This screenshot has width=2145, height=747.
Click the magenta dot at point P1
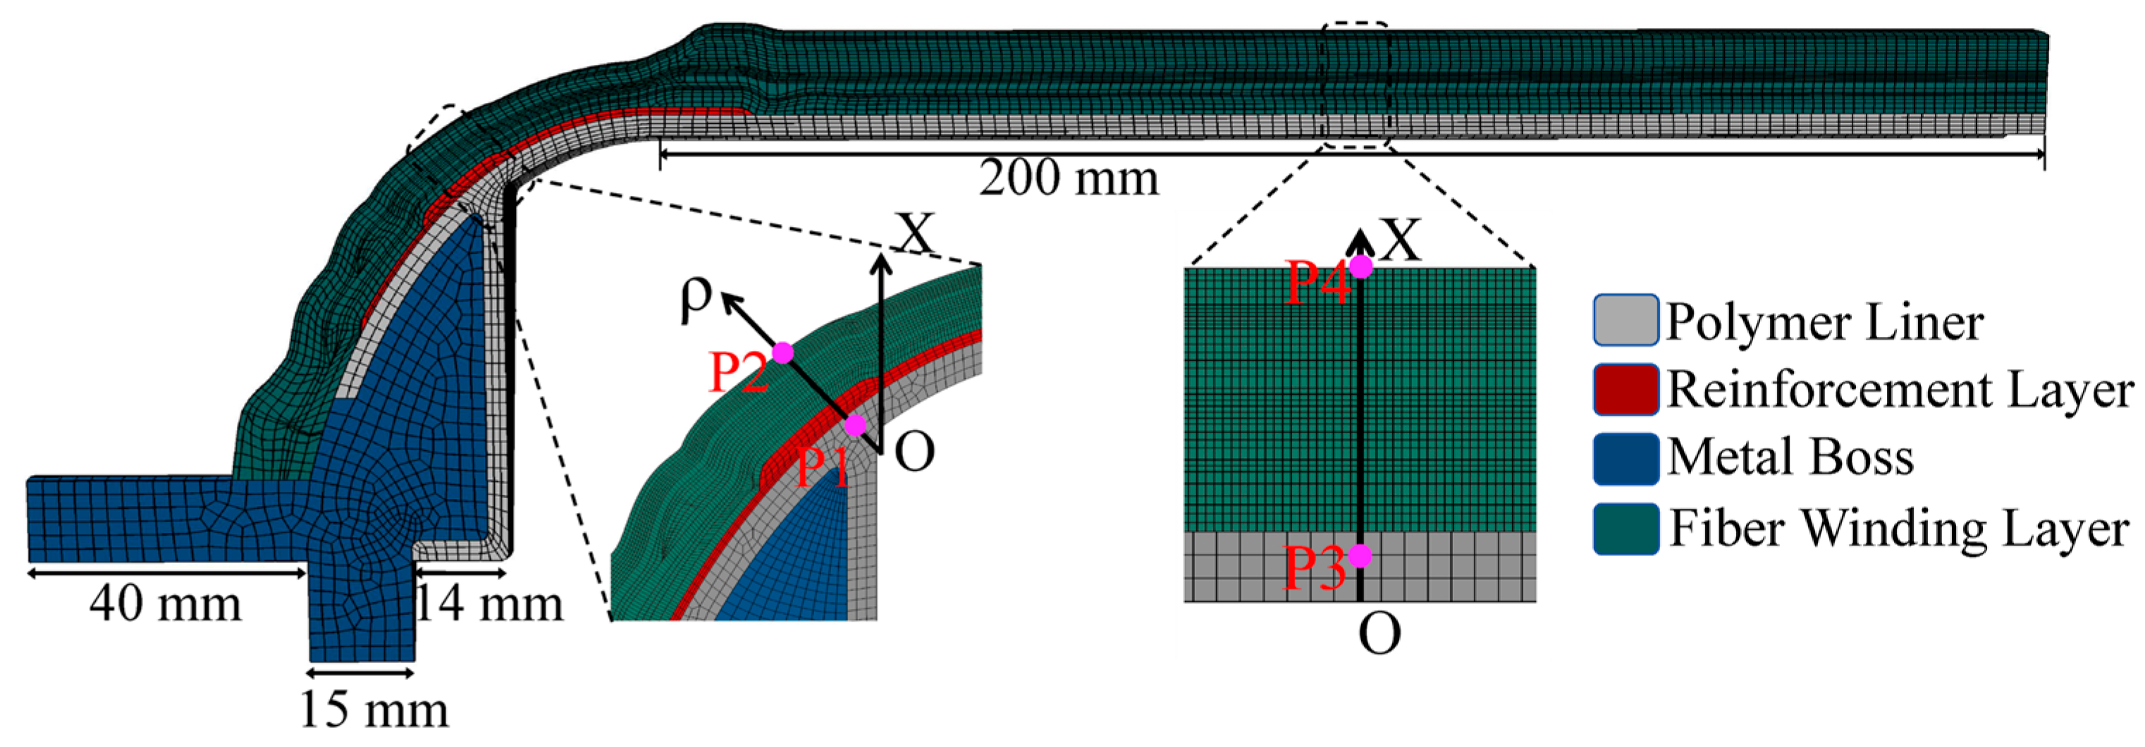[855, 426]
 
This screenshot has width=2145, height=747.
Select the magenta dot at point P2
[782, 352]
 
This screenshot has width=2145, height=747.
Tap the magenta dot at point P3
[1360, 555]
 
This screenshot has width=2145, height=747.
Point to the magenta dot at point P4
[1360, 266]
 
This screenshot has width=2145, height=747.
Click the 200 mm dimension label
[1069, 179]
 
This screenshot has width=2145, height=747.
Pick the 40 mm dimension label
[165, 604]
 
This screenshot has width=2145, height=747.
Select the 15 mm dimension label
[374, 710]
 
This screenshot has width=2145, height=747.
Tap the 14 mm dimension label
[490, 604]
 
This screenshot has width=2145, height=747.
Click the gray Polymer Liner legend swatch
[1625, 320]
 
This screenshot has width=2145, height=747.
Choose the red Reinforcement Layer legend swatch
[1625, 389]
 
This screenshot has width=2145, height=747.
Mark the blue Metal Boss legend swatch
[1625, 458]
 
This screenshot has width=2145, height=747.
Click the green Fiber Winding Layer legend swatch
[1625, 528]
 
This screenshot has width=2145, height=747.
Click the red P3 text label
[1314, 568]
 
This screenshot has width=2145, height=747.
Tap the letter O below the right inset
[1379, 634]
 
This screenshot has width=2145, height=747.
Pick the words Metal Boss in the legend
[1790, 458]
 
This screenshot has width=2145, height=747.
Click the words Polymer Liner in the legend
[1824, 322]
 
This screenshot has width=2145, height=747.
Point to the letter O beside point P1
[914, 452]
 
